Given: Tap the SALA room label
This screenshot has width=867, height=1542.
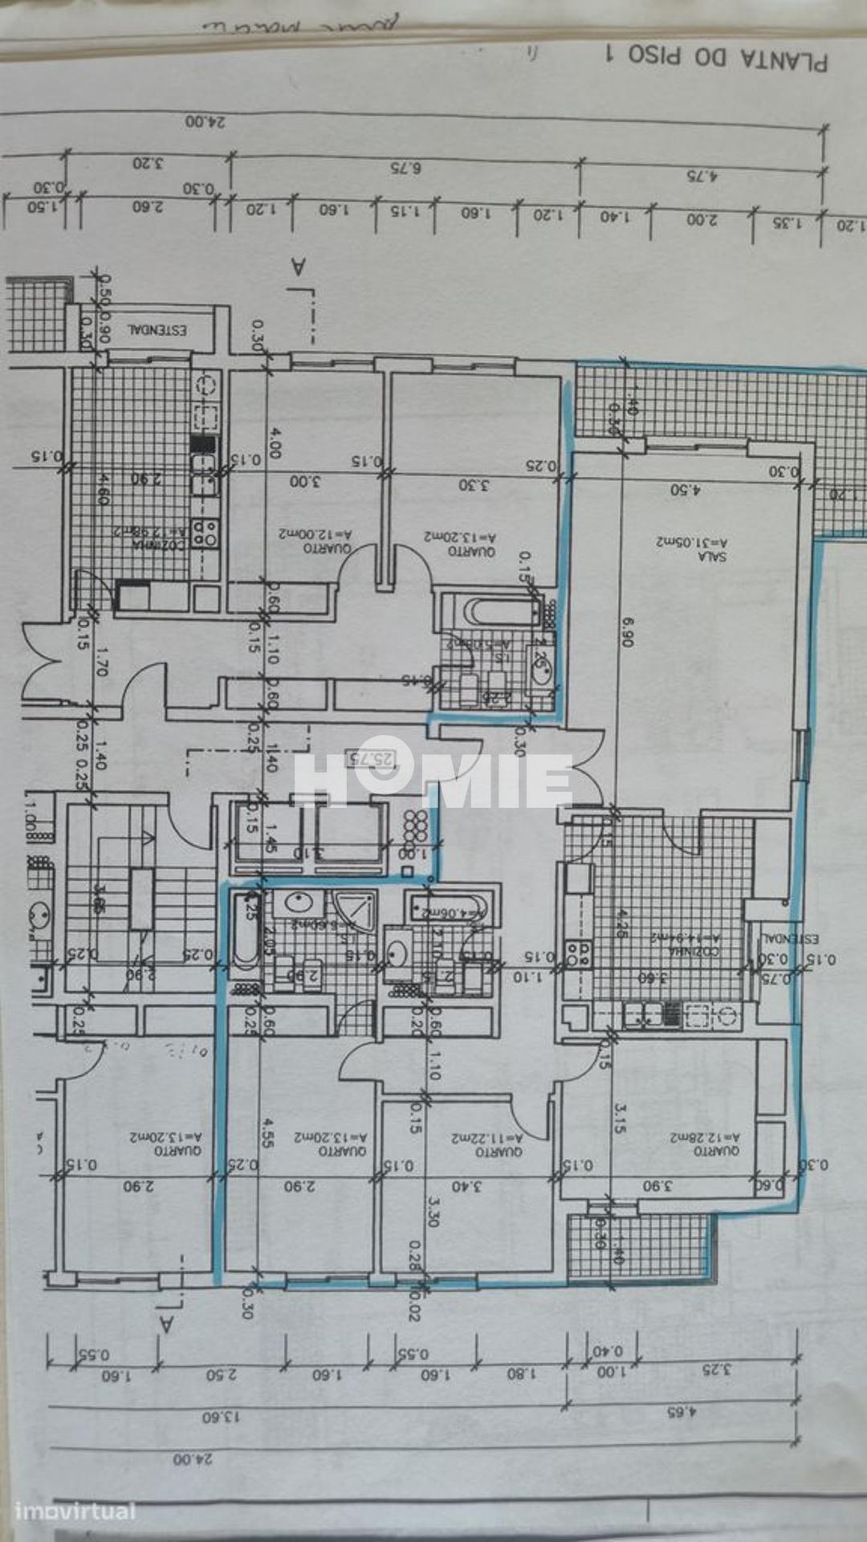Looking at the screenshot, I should [x=711, y=555].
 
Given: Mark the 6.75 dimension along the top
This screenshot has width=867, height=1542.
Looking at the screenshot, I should [x=405, y=168].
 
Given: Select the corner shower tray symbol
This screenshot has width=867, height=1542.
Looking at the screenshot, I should [x=354, y=912].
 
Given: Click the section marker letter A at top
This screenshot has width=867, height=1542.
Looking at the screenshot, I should [x=298, y=267].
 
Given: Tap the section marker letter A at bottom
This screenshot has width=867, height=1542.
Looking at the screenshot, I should [x=167, y=1323].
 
